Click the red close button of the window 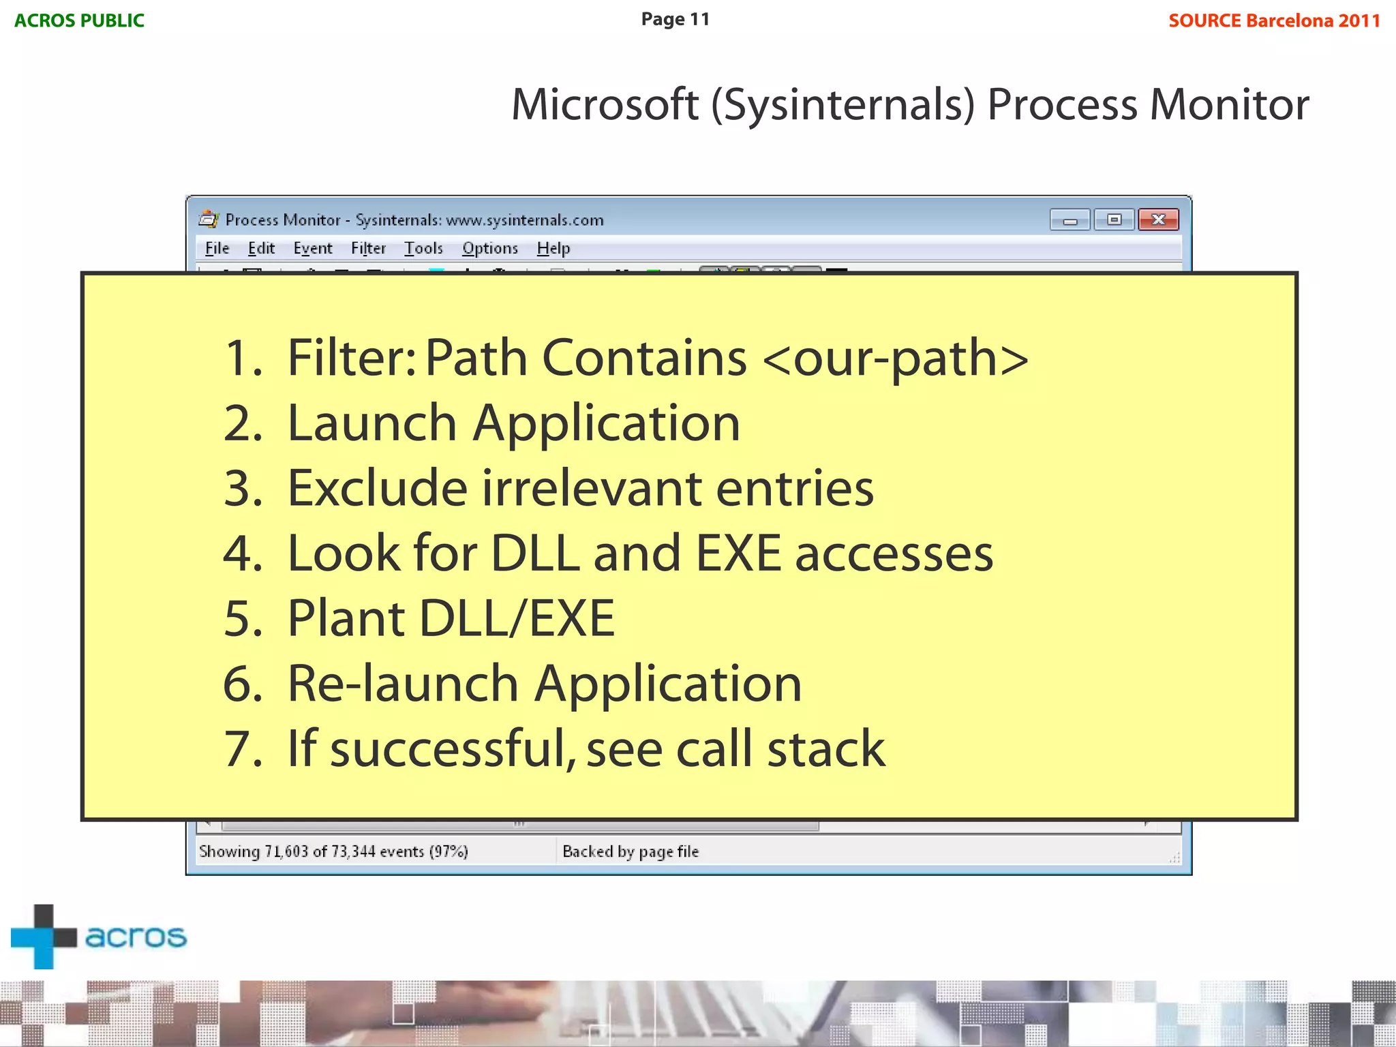[x=1158, y=219]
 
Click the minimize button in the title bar [x=1070, y=220]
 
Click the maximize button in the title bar [x=1114, y=219]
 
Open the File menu [x=217, y=248]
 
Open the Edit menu [x=261, y=248]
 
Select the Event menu [x=313, y=248]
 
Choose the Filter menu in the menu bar [x=368, y=248]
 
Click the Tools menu [x=423, y=248]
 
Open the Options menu [x=489, y=248]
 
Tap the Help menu [x=553, y=248]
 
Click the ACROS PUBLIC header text [x=79, y=20]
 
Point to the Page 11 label [x=675, y=19]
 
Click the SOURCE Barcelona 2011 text [x=1274, y=20]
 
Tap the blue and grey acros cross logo [x=44, y=937]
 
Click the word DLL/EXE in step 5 [x=517, y=618]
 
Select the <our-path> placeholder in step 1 [x=895, y=358]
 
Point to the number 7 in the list [x=243, y=749]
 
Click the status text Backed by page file [x=631, y=851]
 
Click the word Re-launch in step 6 [x=402, y=684]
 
